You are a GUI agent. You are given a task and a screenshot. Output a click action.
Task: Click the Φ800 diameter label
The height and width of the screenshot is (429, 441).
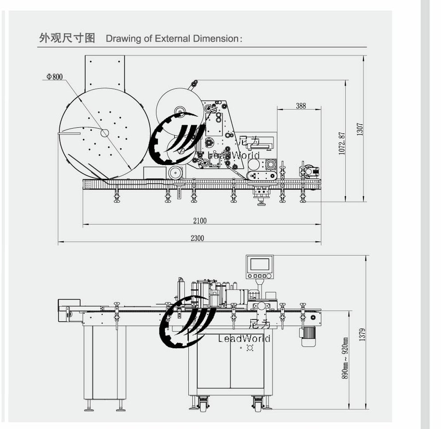tap(55, 77)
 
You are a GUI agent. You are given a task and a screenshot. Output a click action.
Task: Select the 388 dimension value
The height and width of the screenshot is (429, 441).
tap(301, 106)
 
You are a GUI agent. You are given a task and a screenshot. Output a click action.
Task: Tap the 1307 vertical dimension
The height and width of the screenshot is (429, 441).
tap(360, 130)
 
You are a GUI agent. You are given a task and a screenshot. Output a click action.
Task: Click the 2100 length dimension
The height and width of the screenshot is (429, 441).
tap(199, 220)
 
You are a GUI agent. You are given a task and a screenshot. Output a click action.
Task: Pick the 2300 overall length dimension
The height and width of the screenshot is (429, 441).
tap(197, 238)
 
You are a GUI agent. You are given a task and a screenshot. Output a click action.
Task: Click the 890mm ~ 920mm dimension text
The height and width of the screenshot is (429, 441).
tap(344, 358)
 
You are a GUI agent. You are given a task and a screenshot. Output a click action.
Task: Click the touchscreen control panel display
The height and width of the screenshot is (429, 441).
tap(259, 265)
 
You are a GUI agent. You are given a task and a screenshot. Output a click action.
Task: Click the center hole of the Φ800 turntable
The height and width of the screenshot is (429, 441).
tap(105, 133)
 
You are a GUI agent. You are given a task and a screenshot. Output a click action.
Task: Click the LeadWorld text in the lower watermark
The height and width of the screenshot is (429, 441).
tap(244, 338)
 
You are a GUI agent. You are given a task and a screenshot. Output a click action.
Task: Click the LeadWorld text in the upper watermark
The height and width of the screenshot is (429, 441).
tap(234, 155)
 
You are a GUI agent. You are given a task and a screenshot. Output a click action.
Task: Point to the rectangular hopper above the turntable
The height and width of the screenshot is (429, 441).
tap(105, 71)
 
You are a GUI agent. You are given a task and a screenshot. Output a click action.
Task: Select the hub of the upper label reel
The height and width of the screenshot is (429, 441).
tap(180, 111)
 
